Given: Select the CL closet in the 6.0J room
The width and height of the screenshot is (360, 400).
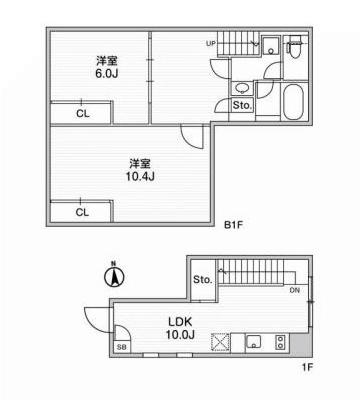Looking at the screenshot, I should pos(82,113).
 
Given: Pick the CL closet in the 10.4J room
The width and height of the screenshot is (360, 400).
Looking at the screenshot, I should pos(82,211).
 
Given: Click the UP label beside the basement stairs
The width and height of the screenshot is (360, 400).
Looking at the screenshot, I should pos(211,44).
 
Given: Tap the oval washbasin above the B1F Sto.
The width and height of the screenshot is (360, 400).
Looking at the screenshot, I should pos(241,88).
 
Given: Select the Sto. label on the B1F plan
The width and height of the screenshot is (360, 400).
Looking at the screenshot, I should pos(241,105).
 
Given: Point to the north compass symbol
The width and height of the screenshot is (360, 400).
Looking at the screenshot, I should pos(113,274).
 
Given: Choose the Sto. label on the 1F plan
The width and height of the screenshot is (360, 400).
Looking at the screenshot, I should pos(202,279).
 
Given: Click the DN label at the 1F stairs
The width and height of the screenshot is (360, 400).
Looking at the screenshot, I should pos(294,291).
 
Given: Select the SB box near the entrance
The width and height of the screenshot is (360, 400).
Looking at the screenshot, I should pos(121,346).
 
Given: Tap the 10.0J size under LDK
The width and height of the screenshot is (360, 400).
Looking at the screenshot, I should pos(181,335).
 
